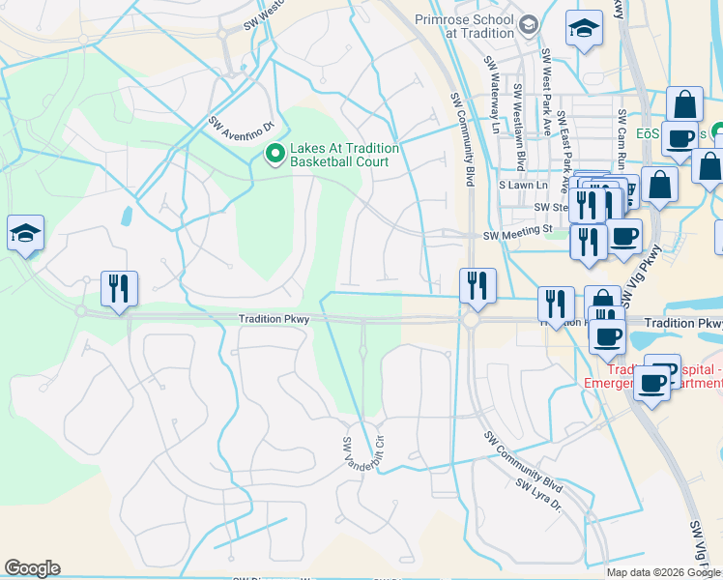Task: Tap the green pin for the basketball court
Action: (275, 154)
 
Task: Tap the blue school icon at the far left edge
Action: (26, 233)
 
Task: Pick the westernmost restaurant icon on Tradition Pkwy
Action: (119, 288)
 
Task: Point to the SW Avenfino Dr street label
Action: (242, 114)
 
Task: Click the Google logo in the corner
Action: (32, 568)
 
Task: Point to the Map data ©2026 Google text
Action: (663, 572)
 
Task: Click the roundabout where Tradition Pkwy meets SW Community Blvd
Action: (472, 319)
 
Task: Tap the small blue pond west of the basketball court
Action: (127, 216)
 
